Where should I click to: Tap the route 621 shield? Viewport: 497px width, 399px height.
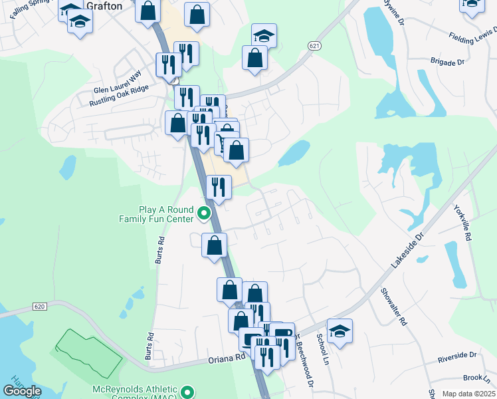[314, 45]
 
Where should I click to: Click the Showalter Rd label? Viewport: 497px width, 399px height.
[393, 307]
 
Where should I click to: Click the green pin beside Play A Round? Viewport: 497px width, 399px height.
[205, 214]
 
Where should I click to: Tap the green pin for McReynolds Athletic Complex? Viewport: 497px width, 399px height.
[187, 393]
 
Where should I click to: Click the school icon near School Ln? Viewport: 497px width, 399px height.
[340, 331]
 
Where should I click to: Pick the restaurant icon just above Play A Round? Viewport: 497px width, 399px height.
[219, 187]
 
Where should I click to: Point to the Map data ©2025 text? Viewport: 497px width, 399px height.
[468, 394]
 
